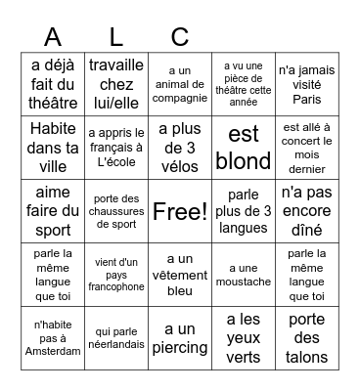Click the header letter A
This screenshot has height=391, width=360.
[53, 37]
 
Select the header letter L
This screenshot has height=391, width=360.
[116, 37]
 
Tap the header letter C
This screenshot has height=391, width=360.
[179, 37]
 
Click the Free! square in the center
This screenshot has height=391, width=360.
[180, 211]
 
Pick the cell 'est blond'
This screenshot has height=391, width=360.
[244, 148]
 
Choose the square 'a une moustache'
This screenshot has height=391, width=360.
[244, 275]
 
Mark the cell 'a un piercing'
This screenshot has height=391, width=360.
[180, 338]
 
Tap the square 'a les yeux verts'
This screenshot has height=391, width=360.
[244, 338]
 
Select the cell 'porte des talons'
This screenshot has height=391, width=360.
[306, 338]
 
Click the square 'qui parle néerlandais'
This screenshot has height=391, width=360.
[116, 338]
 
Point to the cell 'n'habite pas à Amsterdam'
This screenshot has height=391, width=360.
[53, 338]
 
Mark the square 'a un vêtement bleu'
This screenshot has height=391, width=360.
[180, 275]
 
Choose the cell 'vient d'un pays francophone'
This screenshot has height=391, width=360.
[116, 275]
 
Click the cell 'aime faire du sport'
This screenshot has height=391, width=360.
[53, 211]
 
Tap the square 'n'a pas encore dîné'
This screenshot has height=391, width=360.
[306, 211]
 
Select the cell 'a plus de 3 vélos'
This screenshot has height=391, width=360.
[180, 148]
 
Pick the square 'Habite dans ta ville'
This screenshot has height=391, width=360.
[53, 148]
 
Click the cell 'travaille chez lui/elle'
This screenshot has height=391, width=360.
[116, 84]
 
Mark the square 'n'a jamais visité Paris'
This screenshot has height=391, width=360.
[306, 84]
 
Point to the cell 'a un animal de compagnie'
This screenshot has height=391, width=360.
[180, 84]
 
